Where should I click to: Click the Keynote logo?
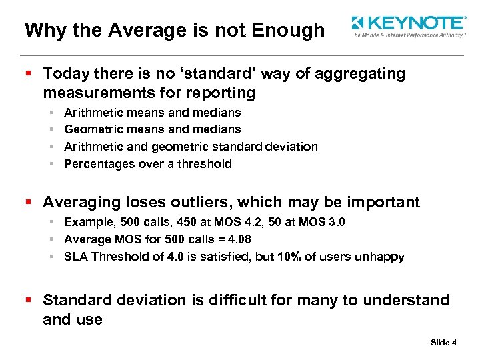pos(408,26)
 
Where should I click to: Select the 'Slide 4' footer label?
pos(443,343)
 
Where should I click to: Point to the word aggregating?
pos(357,74)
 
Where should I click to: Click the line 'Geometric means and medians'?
pos(152,129)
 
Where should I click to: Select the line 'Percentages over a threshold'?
pos(147,164)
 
